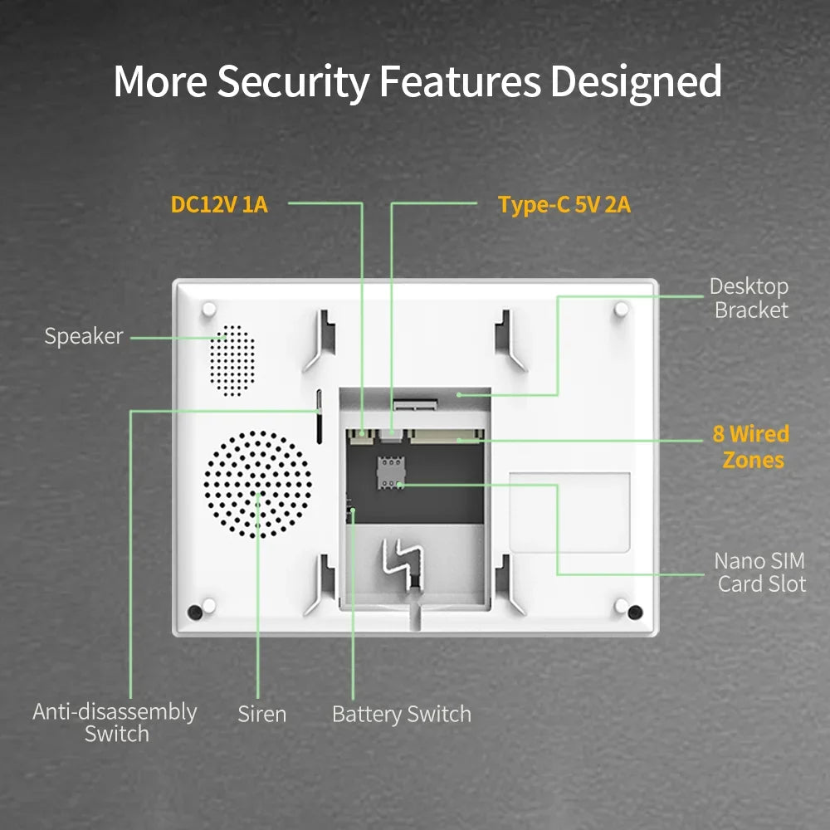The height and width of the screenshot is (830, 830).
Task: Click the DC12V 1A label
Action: point(219,204)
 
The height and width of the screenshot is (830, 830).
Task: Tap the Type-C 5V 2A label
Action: point(564,204)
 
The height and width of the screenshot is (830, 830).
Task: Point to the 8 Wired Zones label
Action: point(751,447)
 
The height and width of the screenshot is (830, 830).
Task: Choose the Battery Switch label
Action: point(401,714)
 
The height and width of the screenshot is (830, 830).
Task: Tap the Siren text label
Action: point(261,714)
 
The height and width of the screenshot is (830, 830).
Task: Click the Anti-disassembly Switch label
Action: point(115,723)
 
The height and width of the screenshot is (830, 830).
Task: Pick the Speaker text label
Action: point(84,336)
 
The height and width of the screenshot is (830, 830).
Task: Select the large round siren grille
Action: point(258,484)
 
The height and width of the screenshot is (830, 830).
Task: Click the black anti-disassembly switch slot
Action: point(319,415)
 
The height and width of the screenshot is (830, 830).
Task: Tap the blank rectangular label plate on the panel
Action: point(569,512)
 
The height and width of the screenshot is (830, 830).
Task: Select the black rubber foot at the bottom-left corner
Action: point(194,612)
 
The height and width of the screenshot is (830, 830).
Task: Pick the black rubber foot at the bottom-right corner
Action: point(635,613)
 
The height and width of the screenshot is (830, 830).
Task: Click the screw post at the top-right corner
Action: point(621,309)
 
